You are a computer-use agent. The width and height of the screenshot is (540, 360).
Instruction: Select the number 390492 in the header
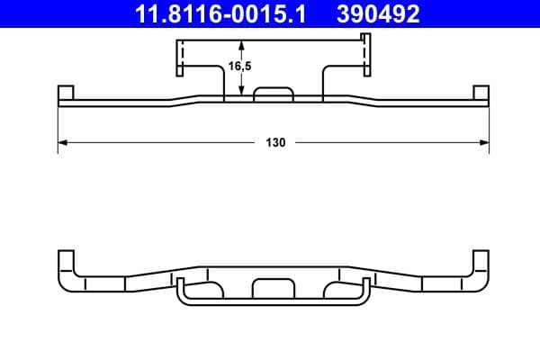[379, 13]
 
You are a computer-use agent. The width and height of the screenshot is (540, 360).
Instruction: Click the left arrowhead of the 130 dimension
[63, 142]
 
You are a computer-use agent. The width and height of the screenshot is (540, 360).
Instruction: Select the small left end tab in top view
[65, 94]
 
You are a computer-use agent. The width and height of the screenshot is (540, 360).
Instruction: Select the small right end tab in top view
[481, 94]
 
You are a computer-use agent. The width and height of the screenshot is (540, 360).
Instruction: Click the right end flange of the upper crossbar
[364, 57]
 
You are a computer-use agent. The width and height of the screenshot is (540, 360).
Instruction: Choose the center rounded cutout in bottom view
[274, 288]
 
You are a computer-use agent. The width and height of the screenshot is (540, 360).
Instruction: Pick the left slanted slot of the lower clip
[211, 289]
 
